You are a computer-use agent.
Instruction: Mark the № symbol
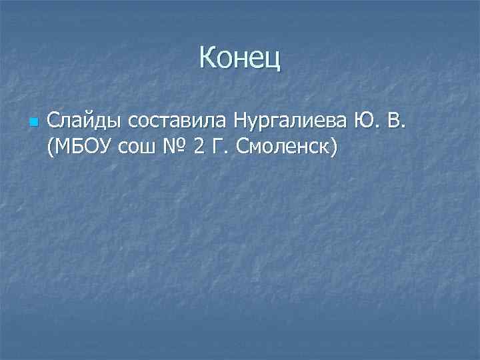tap(172, 147)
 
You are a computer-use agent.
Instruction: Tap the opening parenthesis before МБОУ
tap(51, 148)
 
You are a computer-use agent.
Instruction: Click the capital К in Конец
tap(207, 59)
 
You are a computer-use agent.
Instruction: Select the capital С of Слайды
tap(54, 122)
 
